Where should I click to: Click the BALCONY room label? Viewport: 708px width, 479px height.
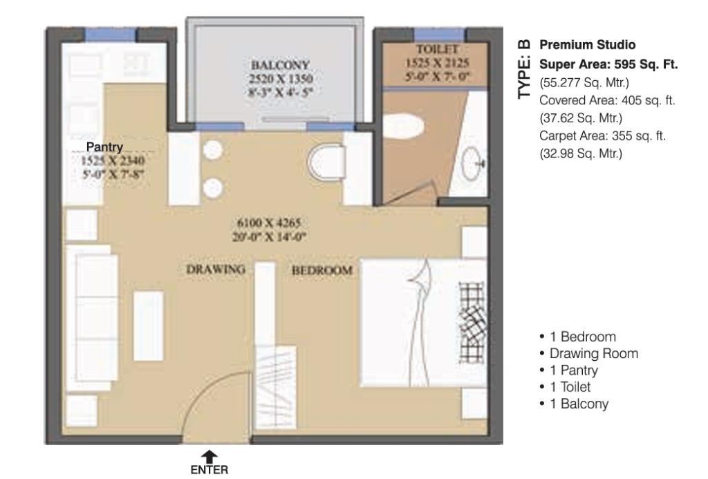pos(280,64)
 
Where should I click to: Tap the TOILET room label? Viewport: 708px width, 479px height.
pos(437,49)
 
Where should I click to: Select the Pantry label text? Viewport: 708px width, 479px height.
pos(104,147)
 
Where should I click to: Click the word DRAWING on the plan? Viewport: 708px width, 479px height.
pos(216,270)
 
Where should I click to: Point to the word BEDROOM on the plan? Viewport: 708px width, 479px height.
pos(322,270)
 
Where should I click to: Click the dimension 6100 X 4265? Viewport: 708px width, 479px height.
pos(269,223)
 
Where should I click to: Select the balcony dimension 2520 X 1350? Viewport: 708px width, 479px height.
pos(281,79)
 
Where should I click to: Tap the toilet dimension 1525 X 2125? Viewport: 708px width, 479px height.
pos(437,63)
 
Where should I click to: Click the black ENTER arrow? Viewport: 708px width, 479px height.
pos(209,456)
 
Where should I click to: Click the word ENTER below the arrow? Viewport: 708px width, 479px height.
pos(209,470)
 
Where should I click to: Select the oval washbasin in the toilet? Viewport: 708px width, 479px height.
pos(472,163)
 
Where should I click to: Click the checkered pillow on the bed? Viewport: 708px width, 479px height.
pos(472,323)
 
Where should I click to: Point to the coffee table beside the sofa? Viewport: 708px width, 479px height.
pos(149,326)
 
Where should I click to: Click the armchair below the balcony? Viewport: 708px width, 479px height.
pos(326,162)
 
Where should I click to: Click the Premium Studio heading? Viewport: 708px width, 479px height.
pos(588,45)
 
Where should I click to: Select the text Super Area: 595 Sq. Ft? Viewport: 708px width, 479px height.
pos(608,64)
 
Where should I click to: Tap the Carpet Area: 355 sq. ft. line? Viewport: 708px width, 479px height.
pos(602,136)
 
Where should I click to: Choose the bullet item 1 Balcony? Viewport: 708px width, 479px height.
pos(574,404)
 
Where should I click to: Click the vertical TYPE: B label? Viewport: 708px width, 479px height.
pos(524,69)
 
